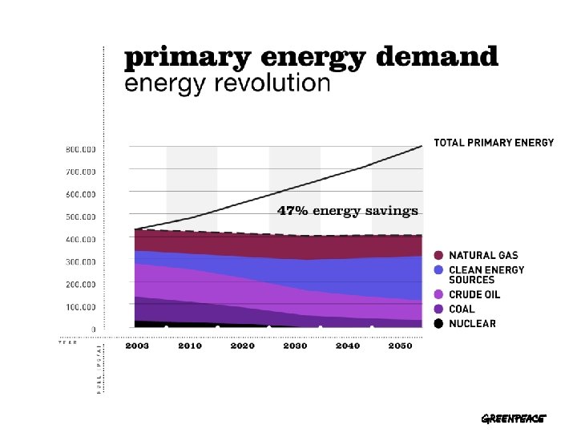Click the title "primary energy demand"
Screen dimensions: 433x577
[311, 58]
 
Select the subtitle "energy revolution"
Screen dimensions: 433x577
[227, 83]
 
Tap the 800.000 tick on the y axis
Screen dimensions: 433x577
[80, 149]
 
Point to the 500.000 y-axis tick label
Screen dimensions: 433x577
[80, 216]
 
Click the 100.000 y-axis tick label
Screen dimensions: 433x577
[80, 307]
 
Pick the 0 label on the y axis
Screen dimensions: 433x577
[93, 329]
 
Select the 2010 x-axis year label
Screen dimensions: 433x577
[190, 346]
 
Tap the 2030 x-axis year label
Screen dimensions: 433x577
[295, 346]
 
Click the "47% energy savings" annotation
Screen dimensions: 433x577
[348, 212]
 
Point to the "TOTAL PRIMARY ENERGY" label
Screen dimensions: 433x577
[494, 143]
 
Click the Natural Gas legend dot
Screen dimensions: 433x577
[438, 256]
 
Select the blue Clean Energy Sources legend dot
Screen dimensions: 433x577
[438, 270]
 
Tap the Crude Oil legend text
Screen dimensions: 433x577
[475, 295]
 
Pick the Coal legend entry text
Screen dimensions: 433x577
[462, 309]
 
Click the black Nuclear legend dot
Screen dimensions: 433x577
[438, 323]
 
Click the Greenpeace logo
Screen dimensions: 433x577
[513, 419]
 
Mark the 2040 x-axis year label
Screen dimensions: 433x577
[347, 346]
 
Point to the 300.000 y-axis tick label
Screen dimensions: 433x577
[80, 261]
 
